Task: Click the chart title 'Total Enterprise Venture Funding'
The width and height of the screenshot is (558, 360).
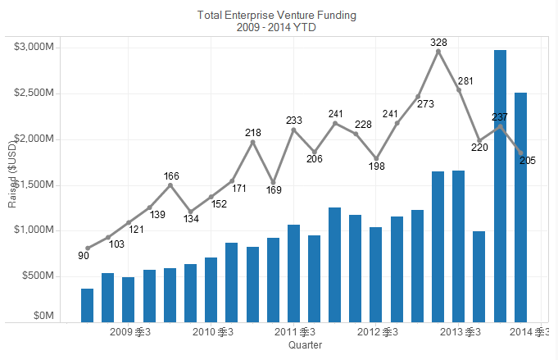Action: coord(277,16)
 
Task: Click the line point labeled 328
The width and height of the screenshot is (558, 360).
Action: coord(438,51)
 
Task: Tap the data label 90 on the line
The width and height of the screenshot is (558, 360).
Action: coord(84,256)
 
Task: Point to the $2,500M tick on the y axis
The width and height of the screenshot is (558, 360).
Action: coord(34,93)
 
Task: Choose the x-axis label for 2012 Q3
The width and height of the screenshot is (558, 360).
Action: coord(378,332)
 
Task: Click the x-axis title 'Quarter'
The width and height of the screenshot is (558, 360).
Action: coord(305,345)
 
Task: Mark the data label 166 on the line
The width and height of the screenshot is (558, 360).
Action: coord(171,176)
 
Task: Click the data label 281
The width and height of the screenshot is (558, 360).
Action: coord(465,81)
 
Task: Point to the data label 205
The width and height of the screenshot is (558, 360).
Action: coord(528,161)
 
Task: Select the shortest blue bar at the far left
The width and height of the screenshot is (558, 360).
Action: coord(87,305)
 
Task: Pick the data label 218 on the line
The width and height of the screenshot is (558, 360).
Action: coord(253,132)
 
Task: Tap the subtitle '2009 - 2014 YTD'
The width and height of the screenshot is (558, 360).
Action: coord(277,27)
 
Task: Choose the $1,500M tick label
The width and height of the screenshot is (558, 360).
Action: coord(34,185)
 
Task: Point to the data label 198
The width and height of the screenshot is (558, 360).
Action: coord(377,166)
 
